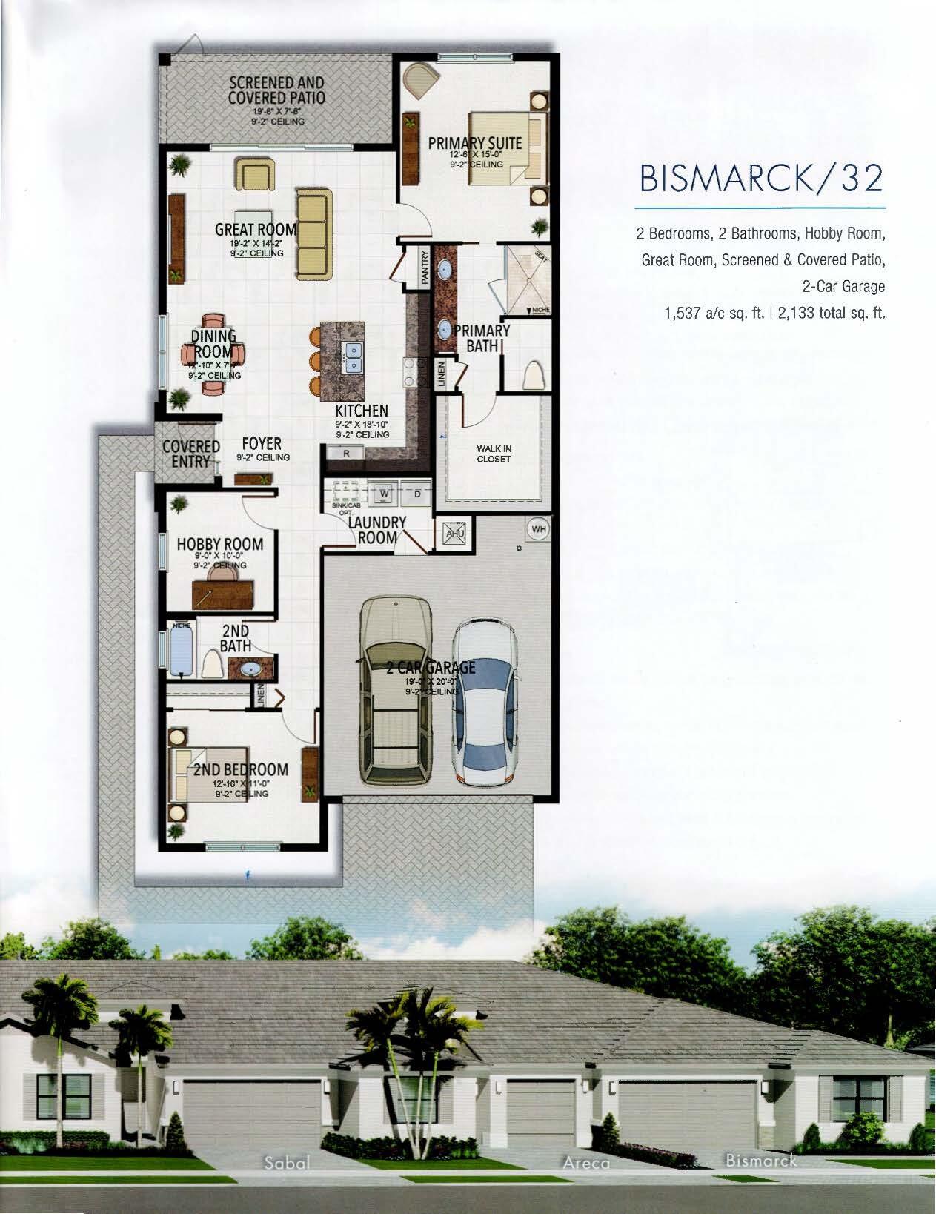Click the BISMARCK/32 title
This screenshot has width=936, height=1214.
(760, 178)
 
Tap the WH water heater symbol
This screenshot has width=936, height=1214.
(539, 529)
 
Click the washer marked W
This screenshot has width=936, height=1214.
(385, 493)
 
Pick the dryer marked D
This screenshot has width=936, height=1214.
(416, 493)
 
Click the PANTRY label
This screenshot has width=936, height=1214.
(425, 266)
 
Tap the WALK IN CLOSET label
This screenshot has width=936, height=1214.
(494, 454)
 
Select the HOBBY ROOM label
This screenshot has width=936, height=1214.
(220, 545)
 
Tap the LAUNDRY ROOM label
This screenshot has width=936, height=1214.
(378, 529)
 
